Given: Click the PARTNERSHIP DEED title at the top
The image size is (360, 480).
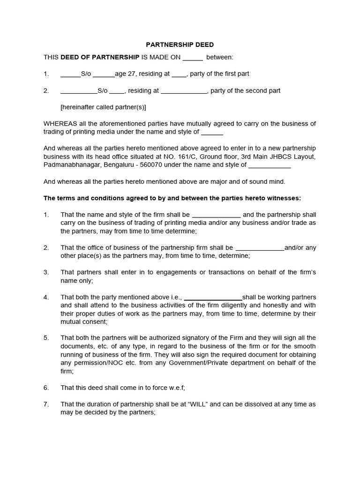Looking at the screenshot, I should [x=180, y=45].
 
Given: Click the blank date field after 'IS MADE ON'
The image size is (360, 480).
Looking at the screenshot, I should [x=192, y=57].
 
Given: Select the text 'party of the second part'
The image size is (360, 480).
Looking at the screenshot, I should [x=245, y=90].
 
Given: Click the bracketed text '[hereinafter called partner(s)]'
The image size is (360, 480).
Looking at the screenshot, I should [x=103, y=107].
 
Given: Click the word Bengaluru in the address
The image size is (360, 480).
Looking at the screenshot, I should [x=119, y=165].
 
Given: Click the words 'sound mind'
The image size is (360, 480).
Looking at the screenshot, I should [x=268, y=181].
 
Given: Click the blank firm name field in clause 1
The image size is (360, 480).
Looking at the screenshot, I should [x=216, y=215].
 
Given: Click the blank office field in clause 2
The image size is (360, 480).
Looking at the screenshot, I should [x=259, y=248].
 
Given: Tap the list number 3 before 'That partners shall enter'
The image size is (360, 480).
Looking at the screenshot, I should [x=46, y=272].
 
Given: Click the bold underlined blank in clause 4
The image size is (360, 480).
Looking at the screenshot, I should [x=214, y=297].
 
